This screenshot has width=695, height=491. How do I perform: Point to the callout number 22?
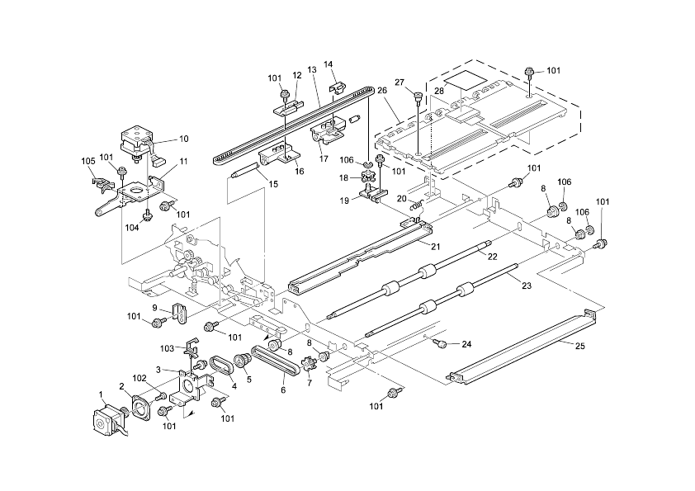click(x=492, y=257)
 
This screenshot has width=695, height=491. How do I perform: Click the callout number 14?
click(x=328, y=64)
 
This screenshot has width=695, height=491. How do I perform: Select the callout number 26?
click(x=382, y=92)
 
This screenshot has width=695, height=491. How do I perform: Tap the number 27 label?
click(x=400, y=83)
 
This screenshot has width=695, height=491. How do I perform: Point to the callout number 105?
click(x=87, y=160)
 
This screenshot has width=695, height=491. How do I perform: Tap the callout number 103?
click(x=167, y=349)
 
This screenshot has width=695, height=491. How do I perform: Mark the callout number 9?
click(x=154, y=308)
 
